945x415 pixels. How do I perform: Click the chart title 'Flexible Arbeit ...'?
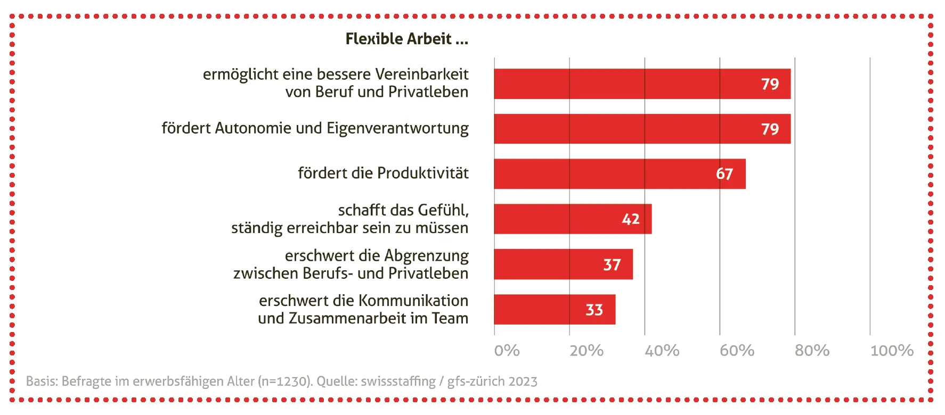tap(406, 39)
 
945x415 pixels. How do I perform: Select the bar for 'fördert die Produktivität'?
tap(602, 174)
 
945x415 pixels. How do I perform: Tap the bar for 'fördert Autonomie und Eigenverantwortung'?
tap(623, 129)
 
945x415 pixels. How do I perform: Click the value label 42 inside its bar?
tap(631, 219)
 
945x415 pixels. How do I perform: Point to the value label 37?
tap(612, 265)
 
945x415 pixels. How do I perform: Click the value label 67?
tap(724, 174)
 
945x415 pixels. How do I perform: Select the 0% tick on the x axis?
tap(507, 351)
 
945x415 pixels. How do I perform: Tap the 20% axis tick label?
tap(586, 351)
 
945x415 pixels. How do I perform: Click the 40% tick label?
tap(662, 351)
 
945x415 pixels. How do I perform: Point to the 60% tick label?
tap(737, 351)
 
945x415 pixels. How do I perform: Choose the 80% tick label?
tap(812, 351)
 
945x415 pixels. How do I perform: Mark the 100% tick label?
tap(892, 351)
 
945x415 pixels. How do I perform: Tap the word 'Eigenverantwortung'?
tap(397, 128)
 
